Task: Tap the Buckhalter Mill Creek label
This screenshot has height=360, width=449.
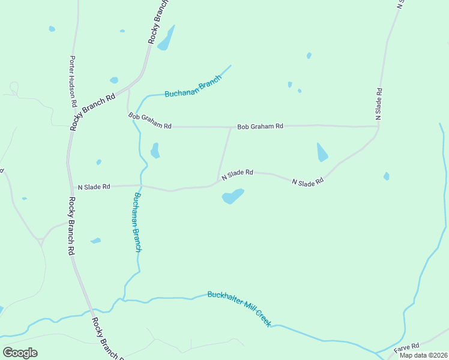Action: pyautogui.click(x=240, y=308)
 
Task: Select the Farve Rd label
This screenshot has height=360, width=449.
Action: pyautogui.click(x=406, y=348)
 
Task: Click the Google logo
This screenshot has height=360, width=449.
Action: pyautogui.click(x=20, y=353)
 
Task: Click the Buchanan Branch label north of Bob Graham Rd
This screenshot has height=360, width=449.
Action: pyautogui.click(x=193, y=89)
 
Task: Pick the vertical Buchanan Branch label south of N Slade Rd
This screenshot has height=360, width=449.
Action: pyautogui.click(x=137, y=222)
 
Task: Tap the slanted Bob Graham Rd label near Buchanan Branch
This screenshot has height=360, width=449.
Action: pyautogui.click(x=149, y=120)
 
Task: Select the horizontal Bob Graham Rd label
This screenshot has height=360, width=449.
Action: pyautogui.click(x=260, y=127)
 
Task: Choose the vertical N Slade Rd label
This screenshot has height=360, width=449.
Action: pyautogui.click(x=379, y=103)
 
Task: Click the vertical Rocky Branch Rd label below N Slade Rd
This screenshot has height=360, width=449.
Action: pyautogui.click(x=71, y=227)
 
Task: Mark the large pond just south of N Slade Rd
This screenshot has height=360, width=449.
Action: pyautogui.click(x=233, y=196)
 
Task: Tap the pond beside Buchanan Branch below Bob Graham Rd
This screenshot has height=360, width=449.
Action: pyautogui.click(x=155, y=150)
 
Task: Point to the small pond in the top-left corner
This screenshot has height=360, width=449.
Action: pyautogui.click(x=52, y=28)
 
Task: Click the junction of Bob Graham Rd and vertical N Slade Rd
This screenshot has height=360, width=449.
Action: pyautogui.click(x=378, y=126)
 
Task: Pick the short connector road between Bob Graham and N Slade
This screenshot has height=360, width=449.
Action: pyautogui.click(x=224, y=153)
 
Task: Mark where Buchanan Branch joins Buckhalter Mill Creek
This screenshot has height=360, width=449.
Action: pyautogui.click(x=124, y=298)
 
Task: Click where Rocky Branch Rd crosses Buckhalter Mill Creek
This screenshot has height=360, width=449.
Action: pyautogui.click(x=91, y=312)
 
